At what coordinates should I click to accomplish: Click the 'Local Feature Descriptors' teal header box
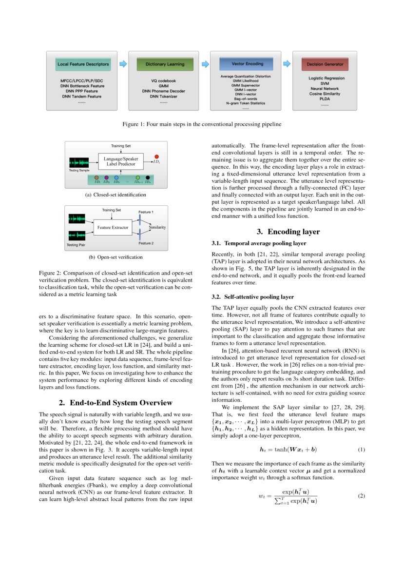[83, 64]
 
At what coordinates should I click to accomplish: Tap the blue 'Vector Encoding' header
[248, 63]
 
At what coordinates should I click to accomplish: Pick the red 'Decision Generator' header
[325, 64]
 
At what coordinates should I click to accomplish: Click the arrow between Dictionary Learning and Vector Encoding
[205, 63]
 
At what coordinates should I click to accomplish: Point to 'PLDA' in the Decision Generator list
[325, 99]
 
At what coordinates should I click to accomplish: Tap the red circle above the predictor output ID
[156, 156]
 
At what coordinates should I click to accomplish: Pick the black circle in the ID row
[148, 177]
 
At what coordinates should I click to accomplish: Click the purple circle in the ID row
[106, 177]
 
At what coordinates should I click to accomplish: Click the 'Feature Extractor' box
[113, 227]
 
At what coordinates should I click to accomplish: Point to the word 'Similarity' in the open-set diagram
[157, 227]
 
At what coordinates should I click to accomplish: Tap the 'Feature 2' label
[146, 243]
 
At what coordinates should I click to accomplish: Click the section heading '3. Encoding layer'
[287, 232]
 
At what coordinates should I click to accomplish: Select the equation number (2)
[361, 496]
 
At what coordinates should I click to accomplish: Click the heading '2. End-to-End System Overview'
[115, 402]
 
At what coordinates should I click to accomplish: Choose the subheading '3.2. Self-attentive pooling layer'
[252, 296]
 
